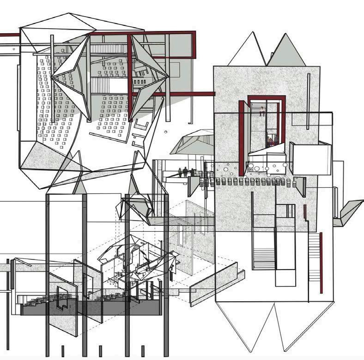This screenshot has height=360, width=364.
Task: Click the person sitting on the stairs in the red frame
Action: tap(262, 111)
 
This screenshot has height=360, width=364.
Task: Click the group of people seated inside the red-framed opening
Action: tap(273, 140)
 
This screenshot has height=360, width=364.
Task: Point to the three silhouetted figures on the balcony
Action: tap(185, 172)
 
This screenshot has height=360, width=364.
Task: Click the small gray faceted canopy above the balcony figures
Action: tap(192, 142)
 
